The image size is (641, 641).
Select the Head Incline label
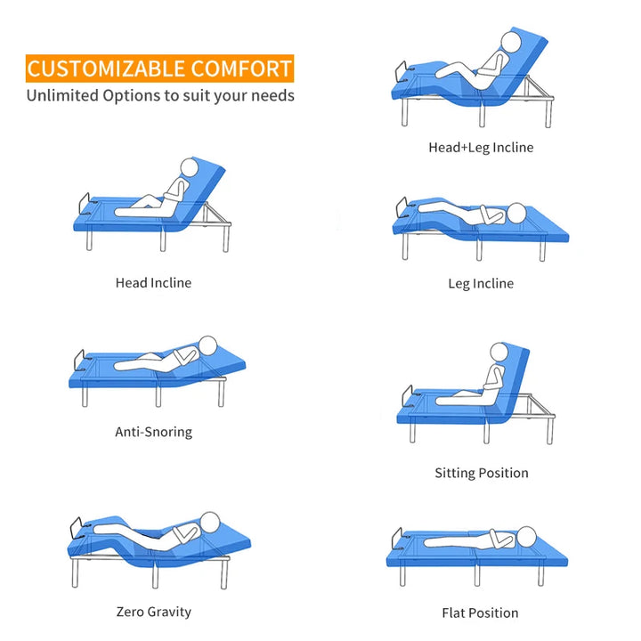(x=153, y=283)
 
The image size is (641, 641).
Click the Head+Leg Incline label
(x=481, y=148)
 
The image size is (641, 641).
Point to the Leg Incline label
(x=481, y=284)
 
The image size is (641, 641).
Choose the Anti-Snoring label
(x=153, y=432)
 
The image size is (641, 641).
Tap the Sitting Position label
(x=482, y=473)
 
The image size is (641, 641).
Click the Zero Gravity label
(x=154, y=612)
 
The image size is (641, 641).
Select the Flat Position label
(x=480, y=613)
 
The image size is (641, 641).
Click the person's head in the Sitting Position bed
(x=499, y=352)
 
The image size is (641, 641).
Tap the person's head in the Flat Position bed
(x=526, y=536)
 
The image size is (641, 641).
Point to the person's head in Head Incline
(x=190, y=167)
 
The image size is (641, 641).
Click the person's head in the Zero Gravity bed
(x=210, y=522)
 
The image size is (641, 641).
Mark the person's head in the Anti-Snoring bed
(x=207, y=345)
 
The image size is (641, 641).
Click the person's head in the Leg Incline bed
(x=516, y=213)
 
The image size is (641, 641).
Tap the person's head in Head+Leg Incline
(x=511, y=42)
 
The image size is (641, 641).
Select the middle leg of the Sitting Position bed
(x=486, y=433)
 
